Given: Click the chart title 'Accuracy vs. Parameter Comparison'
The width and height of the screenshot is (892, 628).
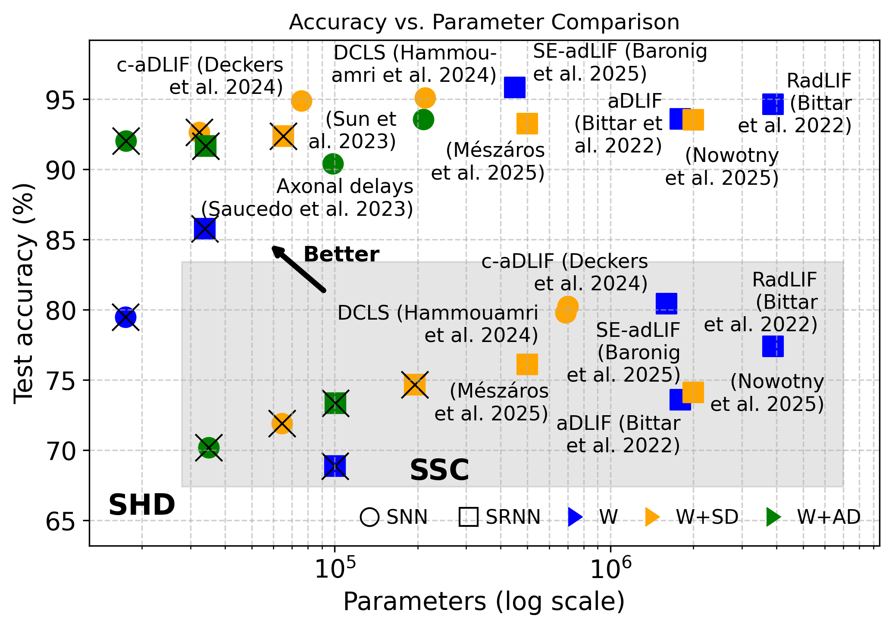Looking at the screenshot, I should click(x=484, y=22).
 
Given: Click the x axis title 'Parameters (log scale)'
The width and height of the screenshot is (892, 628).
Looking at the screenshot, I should click(x=484, y=602).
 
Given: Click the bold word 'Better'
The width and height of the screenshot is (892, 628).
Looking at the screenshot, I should click(x=341, y=255).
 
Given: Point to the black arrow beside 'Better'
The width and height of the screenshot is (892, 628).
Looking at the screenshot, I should click(x=298, y=269).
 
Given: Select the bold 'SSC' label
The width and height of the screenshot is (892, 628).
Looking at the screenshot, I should click(x=439, y=470).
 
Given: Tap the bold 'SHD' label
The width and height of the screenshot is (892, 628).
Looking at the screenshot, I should click(x=141, y=505).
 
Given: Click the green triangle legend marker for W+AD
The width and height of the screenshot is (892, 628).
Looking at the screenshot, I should click(x=773, y=517).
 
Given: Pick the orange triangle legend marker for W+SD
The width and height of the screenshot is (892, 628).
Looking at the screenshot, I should click(x=652, y=517).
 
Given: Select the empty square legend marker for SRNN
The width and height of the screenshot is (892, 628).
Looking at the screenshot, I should click(x=469, y=517).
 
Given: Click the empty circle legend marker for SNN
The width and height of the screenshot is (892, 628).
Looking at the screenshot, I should click(x=370, y=517).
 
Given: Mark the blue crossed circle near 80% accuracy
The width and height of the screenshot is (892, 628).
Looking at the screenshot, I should click(x=125, y=317).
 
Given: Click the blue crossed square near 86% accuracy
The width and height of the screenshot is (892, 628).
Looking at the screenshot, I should click(x=205, y=229).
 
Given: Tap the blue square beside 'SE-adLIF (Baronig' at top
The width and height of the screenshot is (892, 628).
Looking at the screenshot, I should click(x=515, y=87).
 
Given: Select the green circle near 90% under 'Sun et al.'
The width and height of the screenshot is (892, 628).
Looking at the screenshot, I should click(x=333, y=164).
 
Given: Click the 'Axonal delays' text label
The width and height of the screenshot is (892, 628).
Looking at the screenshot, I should click(x=345, y=187).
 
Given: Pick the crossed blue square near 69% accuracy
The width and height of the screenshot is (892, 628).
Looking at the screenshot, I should click(x=335, y=466).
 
